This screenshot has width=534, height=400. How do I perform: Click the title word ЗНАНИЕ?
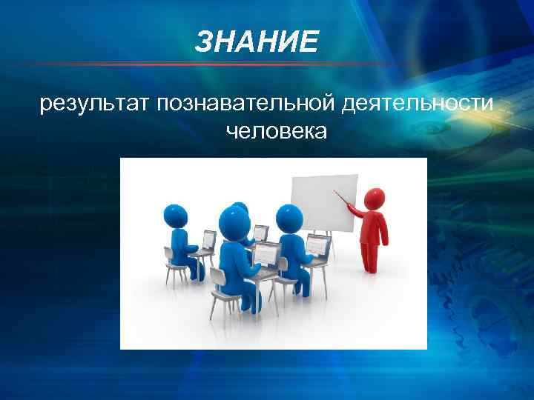[257, 43]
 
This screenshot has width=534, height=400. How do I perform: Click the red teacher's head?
[375, 198]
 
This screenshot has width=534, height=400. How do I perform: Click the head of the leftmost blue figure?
[176, 216]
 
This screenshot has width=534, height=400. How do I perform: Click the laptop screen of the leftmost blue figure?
[209, 239]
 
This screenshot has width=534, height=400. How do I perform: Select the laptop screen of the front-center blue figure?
[266, 253]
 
